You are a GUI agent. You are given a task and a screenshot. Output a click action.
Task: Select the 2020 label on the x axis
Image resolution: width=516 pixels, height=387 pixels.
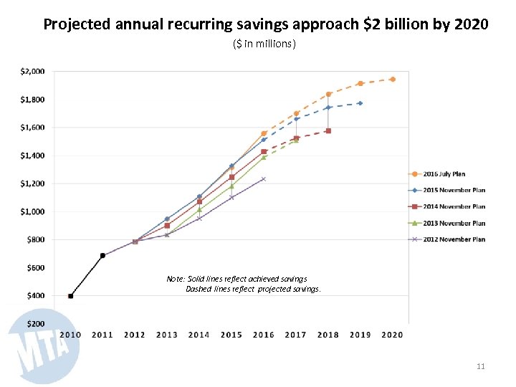[x=392, y=335]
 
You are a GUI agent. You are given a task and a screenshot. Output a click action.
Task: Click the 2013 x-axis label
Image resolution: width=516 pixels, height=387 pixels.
[x=167, y=335]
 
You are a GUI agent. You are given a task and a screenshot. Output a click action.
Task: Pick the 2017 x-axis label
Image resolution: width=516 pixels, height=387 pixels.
[x=295, y=335]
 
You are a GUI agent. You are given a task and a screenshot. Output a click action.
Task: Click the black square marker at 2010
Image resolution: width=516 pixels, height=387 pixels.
[x=70, y=296]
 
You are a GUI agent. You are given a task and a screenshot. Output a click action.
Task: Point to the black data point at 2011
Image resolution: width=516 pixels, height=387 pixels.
[x=102, y=255]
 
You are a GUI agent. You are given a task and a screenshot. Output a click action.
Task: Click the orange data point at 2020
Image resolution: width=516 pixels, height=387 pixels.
[x=392, y=79]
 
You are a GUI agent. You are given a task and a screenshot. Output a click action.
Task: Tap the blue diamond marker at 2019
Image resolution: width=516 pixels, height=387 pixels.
[x=360, y=103]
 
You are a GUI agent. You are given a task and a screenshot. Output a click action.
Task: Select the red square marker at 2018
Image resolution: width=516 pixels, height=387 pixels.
[x=328, y=131]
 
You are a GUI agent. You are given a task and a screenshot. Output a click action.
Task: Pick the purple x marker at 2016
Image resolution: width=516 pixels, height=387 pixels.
[x=263, y=179]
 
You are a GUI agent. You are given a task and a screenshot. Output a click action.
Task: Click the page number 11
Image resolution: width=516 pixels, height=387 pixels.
[x=481, y=367]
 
